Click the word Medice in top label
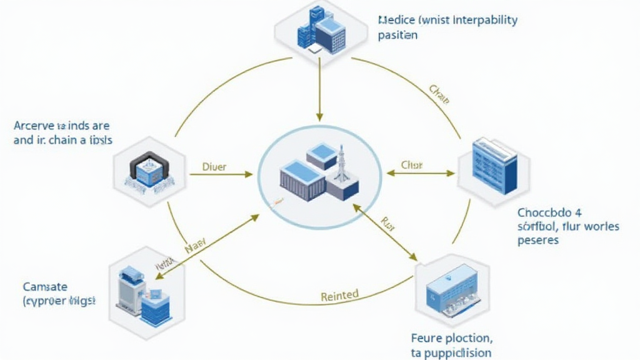click(395, 20)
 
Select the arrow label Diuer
click(214, 167)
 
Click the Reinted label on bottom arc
click(339, 294)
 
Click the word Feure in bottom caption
click(426, 338)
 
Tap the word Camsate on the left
click(45, 287)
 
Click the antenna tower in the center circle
click(342, 166)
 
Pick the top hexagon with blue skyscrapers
click(321, 31)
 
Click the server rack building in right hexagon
click(494, 166)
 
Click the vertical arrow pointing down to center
click(319, 91)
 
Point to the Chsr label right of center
click(412, 166)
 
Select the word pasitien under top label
click(397, 36)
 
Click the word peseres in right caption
click(538, 240)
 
